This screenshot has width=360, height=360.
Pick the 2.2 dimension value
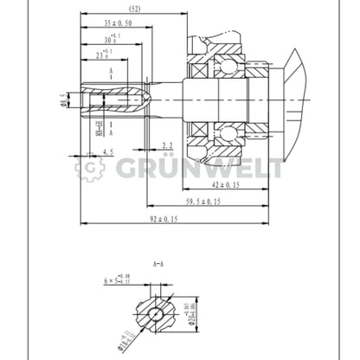coord(168,145)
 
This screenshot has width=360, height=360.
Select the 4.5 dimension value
coord(107,152)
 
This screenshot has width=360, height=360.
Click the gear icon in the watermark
coord(89,168)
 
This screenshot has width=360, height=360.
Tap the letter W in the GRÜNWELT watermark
coord(217,168)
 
